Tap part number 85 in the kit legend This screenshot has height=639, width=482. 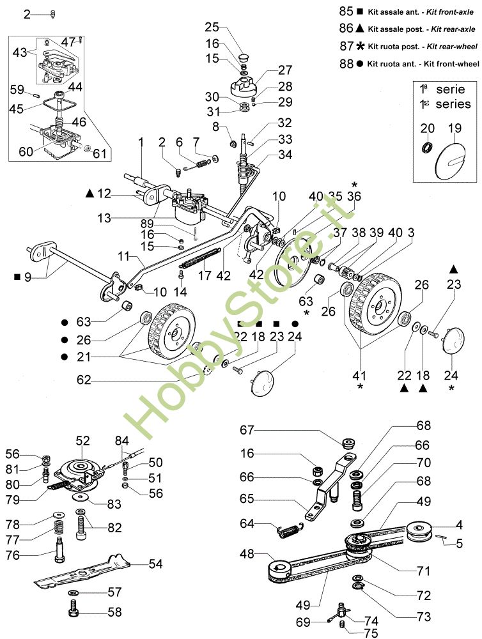[346, 12]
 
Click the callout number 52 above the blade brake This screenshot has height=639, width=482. [83, 440]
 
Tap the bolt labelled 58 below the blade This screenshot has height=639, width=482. [73, 612]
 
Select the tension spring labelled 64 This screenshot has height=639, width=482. [288, 528]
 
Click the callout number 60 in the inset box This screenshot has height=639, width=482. [26, 151]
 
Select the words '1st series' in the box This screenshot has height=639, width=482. [445, 104]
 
